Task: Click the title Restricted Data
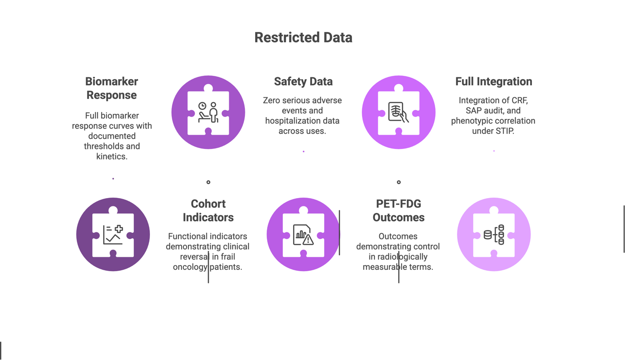303,37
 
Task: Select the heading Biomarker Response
112,88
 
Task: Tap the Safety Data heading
303,81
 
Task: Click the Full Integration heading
494,81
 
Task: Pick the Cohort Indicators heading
208,211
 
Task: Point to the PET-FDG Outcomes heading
399,211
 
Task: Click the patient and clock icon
208,112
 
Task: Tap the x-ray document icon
399,112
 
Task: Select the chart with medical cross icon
113,235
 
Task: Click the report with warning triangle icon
303,235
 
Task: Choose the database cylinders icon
494,235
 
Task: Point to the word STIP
505,131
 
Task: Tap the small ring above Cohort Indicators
208,182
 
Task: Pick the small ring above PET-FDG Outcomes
399,182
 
